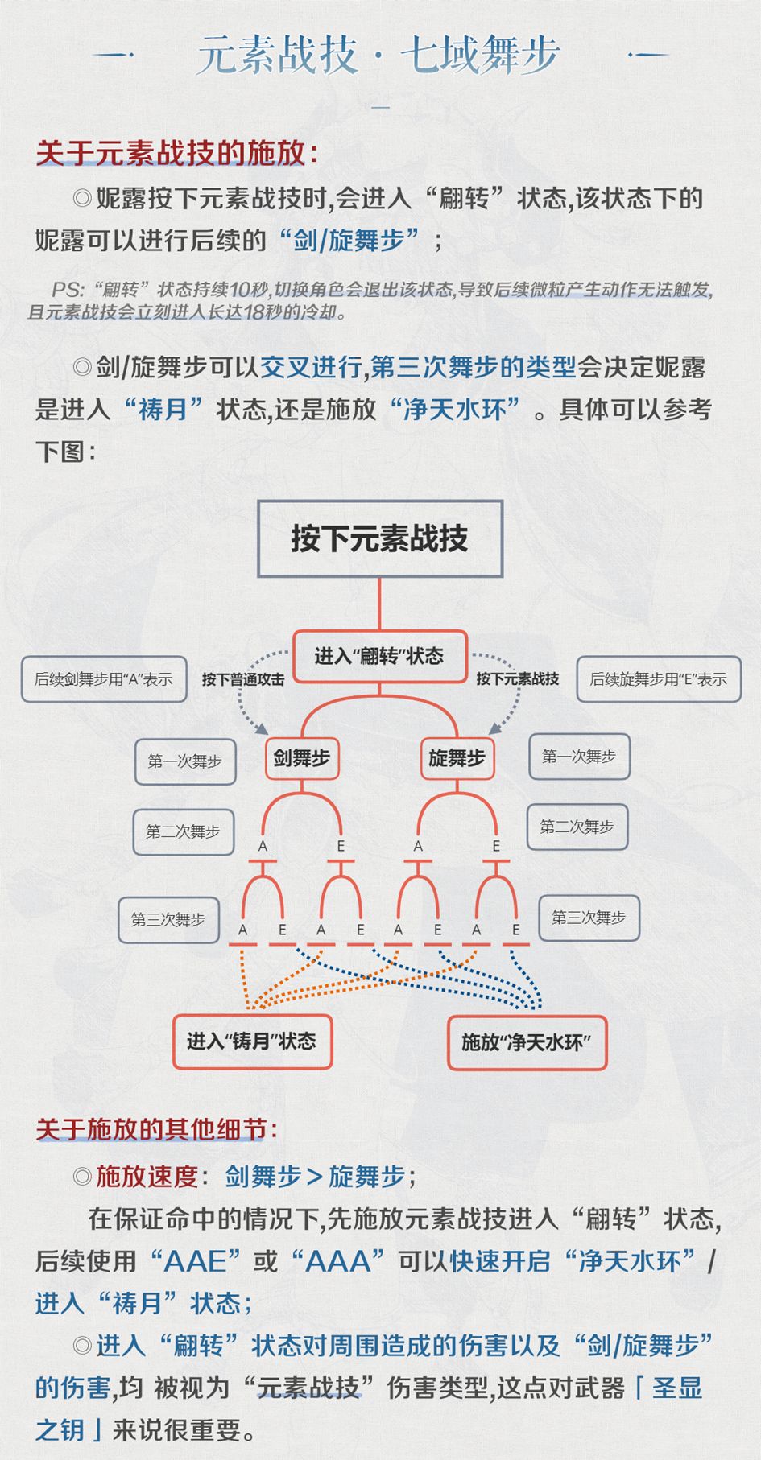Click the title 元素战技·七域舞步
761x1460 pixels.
378,55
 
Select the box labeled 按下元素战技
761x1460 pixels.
380,538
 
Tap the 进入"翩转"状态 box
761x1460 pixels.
379,656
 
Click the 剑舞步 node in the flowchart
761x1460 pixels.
302,758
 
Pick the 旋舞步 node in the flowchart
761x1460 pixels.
457,758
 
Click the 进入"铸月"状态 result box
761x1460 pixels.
252,1041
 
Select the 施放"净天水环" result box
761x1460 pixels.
527,1043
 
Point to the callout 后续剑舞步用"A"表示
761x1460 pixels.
104,679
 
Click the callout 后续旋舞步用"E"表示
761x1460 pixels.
659,679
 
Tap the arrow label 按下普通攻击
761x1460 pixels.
243,679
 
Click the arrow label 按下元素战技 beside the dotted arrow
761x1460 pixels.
517,678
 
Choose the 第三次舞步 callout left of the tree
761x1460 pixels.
168,919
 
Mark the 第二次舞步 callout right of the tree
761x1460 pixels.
577,827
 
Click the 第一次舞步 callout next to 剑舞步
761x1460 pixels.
185,761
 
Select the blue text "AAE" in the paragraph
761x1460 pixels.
196,1261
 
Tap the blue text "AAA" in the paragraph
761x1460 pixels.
337,1261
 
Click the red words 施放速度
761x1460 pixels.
147,1177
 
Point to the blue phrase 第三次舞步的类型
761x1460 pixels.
474,367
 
